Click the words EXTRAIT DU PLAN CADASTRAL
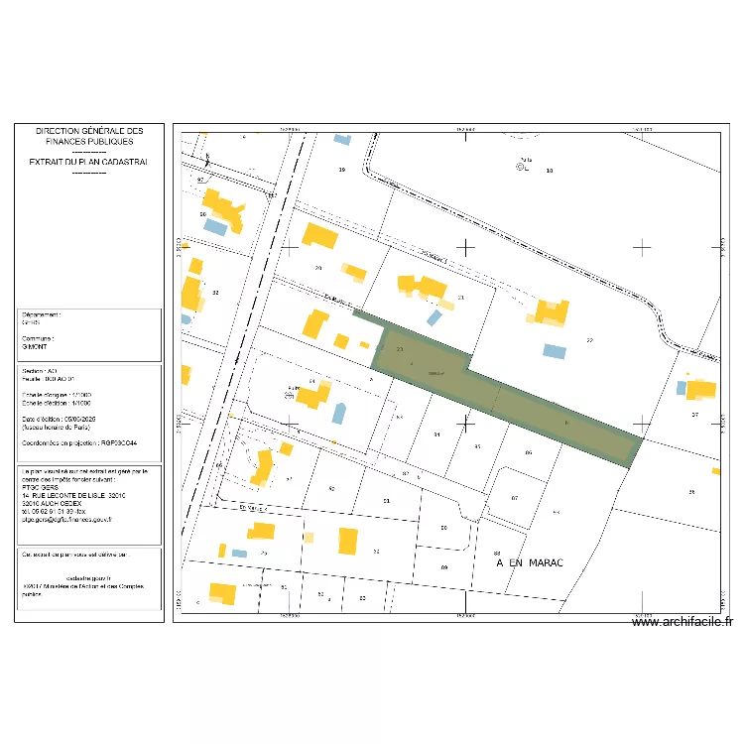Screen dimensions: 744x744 tap(89, 161)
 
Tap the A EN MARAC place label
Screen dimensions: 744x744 tap(530, 562)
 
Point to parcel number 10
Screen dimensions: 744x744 tap(550, 171)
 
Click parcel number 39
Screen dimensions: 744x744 tap(342, 171)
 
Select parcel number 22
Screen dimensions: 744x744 tap(589, 340)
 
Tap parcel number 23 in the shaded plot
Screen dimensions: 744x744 tap(399, 349)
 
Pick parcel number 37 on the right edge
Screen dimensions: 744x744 tap(695, 415)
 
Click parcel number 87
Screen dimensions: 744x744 tap(406, 475)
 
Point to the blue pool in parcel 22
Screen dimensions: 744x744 tap(555, 351)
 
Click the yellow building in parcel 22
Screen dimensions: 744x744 tap(552, 311)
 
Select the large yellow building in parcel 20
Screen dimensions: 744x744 tap(319, 236)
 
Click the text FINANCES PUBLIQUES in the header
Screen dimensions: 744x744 tap(89, 141)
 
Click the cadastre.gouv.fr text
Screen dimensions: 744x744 tap(87, 575)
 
